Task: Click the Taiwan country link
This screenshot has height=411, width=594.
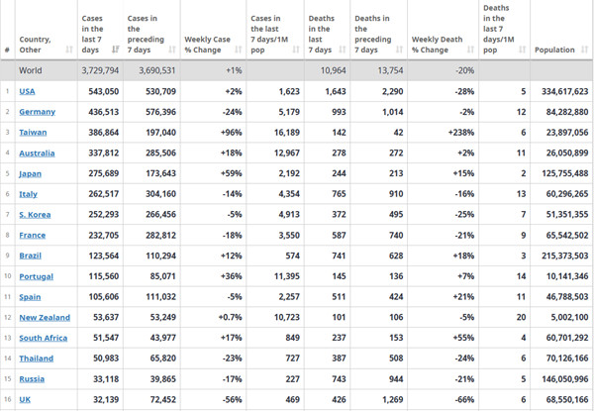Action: (x=33, y=133)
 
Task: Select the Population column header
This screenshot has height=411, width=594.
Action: (x=554, y=50)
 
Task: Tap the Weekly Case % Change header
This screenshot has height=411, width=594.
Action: (x=207, y=45)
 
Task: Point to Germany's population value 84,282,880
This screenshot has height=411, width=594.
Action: (x=567, y=112)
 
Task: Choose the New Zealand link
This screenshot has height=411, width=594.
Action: (x=45, y=318)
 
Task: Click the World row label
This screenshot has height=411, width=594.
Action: (x=31, y=70)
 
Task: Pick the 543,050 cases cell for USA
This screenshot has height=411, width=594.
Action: (x=103, y=91)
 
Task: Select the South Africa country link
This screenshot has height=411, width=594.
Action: (x=44, y=338)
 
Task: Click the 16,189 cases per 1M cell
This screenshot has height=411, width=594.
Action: (x=287, y=133)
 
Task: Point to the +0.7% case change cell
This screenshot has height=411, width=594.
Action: (x=230, y=318)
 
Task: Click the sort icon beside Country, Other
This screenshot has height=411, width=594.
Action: (x=69, y=50)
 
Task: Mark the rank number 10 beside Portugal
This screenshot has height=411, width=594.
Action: (x=8, y=276)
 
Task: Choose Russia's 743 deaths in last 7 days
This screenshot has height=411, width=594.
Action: (x=338, y=378)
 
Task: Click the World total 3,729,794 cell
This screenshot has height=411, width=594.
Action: (x=100, y=70)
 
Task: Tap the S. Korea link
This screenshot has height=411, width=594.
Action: (x=35, y=215)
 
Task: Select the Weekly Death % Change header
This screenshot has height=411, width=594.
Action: (x=438, y=45)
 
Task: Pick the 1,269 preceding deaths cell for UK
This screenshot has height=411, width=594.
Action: (x=392, y=399)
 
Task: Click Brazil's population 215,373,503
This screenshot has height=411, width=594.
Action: (x=565, y=256)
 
